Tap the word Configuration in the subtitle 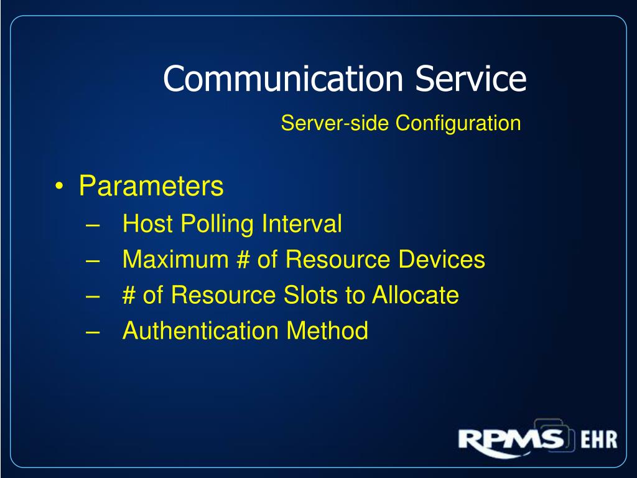click(458, 124)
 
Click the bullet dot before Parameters click(59, 187)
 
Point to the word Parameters click(151, 185)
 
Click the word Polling click(217, 224)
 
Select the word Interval click(302, 223)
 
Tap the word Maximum click(175, 259)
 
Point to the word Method click(327, 330)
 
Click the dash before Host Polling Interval click(93, 225)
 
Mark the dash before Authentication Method click(93, 332)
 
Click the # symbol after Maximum click(243, 259)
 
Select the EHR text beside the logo click(599, 439)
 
